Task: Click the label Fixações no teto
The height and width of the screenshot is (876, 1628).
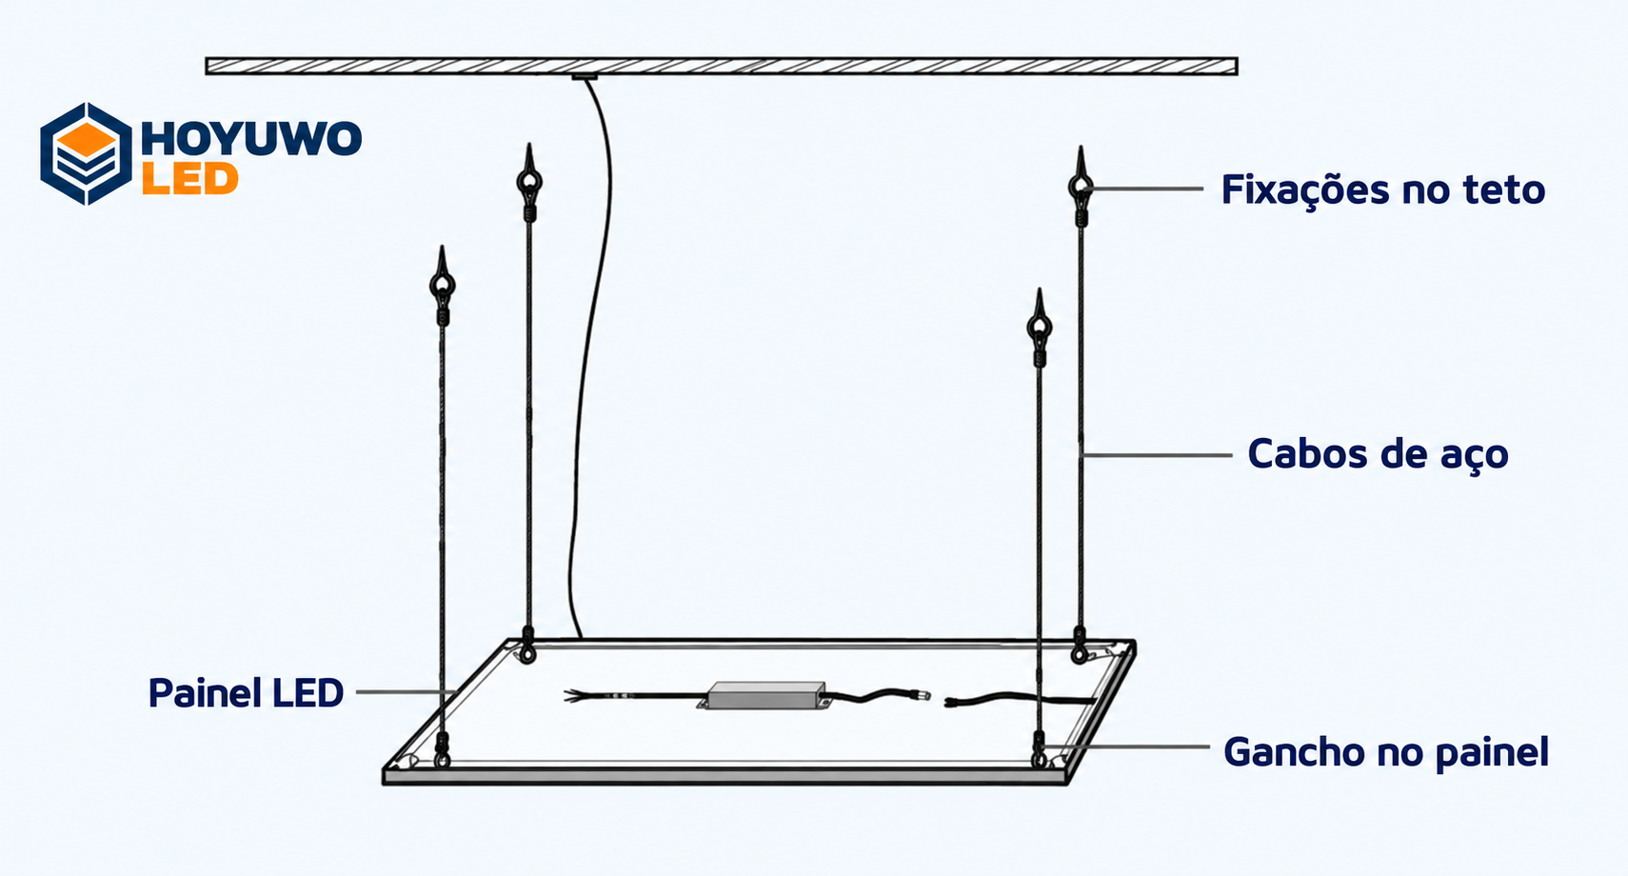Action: coord(1383,189)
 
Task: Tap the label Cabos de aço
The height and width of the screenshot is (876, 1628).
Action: coord(1378,454)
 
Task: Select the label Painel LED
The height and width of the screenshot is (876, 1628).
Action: coord(246,693)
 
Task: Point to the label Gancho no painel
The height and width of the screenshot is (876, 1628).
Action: coord(1386,751)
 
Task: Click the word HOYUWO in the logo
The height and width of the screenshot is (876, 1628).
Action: coord(251,138)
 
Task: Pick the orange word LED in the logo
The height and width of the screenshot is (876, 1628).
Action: coord(189,179)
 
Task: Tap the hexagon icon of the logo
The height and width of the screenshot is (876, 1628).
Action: coord(86,153)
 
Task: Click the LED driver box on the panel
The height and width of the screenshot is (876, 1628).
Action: coord(766,696)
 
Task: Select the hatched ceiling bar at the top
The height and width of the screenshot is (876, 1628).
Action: coord(721,66)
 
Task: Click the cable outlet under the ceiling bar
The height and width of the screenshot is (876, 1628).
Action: coord(585,76)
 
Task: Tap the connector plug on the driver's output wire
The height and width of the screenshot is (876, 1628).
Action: coord(923,696)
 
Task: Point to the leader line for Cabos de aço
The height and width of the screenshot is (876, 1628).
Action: coord(1156,455)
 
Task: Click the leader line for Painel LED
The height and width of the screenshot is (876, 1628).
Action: coord(406,691)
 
